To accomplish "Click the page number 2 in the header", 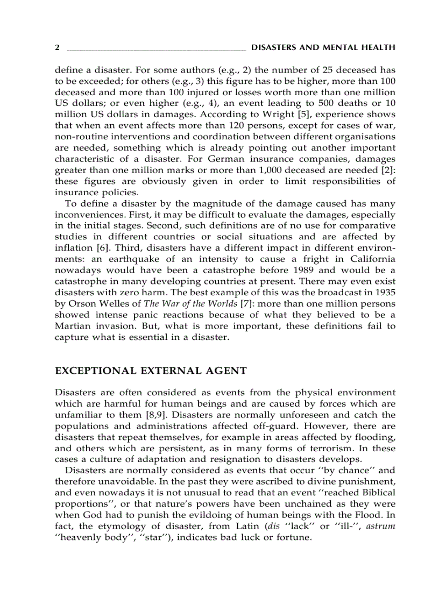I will pos(57,48).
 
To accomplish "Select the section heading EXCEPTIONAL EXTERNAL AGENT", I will pos(151,371).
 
